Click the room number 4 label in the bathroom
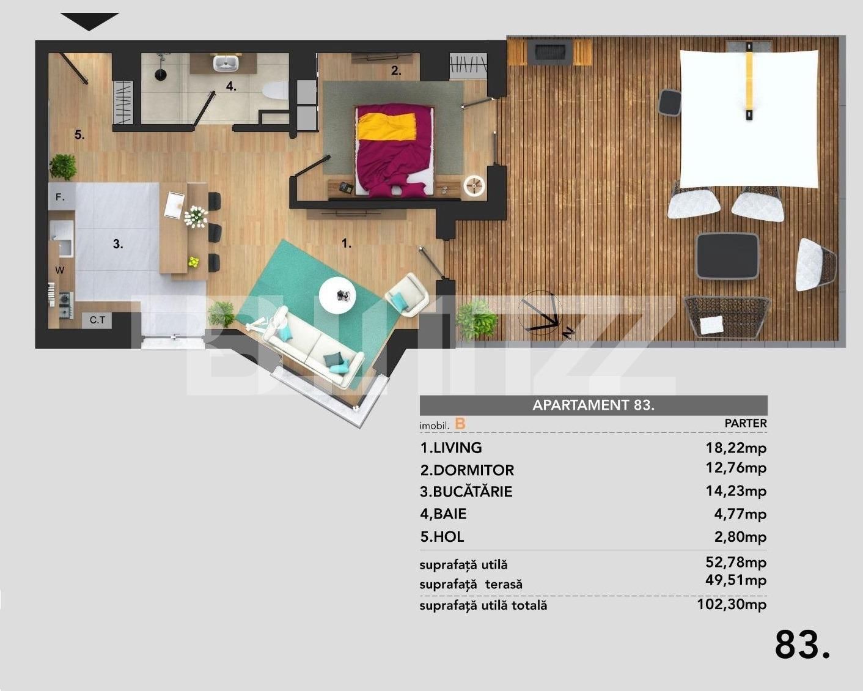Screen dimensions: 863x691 tap(231, 86)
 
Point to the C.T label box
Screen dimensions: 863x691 tap(97, 320)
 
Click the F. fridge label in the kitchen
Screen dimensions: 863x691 tap(60, 197)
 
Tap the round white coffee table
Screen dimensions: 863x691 tap(337, 296)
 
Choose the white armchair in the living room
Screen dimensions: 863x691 tap(406, 295)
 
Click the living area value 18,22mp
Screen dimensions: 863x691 tap(736, 448)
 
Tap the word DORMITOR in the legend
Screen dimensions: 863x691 tap(474, 470)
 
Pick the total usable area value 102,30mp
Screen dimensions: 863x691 tap(732, 604)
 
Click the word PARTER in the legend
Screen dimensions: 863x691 tap(746, 423)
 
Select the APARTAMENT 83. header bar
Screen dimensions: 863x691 tap(593, 405)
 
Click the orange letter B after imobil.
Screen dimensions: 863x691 tap(460, 424)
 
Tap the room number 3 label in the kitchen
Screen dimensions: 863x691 tap(118, 243)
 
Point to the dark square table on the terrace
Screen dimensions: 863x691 tap(727, 256)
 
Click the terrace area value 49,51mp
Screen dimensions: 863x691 tap(736, 580)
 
